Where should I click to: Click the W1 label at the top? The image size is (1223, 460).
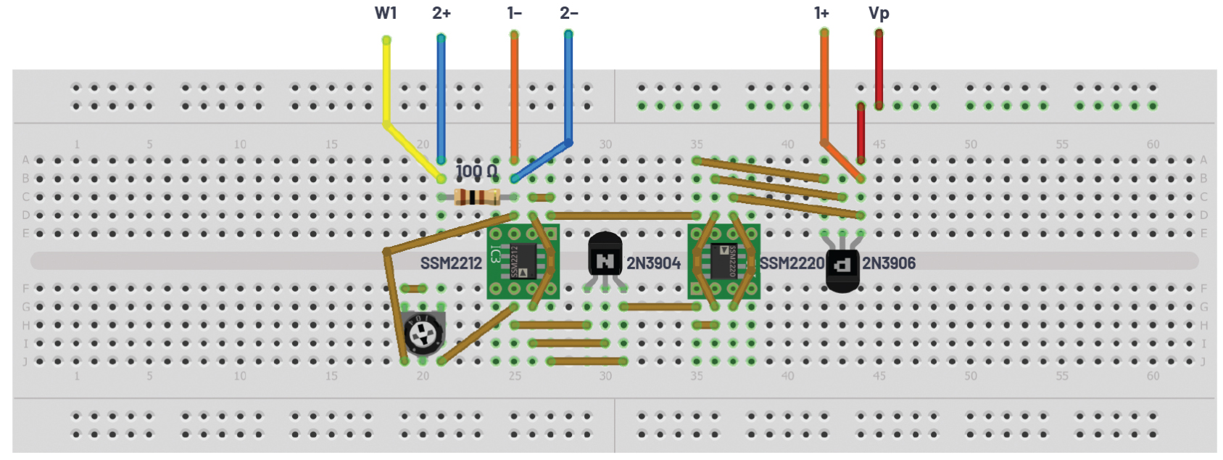(x=386, y=12)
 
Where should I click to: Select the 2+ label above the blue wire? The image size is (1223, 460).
(x=441, y=12)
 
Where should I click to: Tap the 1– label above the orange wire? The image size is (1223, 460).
(x=514, y=12)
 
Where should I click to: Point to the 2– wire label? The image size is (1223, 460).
(x=569, y=12)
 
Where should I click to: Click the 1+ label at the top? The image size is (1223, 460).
(x=821, y=12)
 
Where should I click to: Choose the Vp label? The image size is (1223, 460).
(x=879, y=13)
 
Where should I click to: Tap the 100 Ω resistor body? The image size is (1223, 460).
(x=476, y=197)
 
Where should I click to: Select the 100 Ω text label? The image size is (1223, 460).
(x=476, y=171)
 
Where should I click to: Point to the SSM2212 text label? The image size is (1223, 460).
(x=451, y=263)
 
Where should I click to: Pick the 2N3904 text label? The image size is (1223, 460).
(x=654, y=263)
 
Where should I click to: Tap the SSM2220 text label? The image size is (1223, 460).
(x=791, y=263)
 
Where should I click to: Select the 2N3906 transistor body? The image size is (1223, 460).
(x=842, y=270)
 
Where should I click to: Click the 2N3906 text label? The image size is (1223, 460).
(x=889, y=263)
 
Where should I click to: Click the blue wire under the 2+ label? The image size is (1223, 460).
(x=441, y=94)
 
